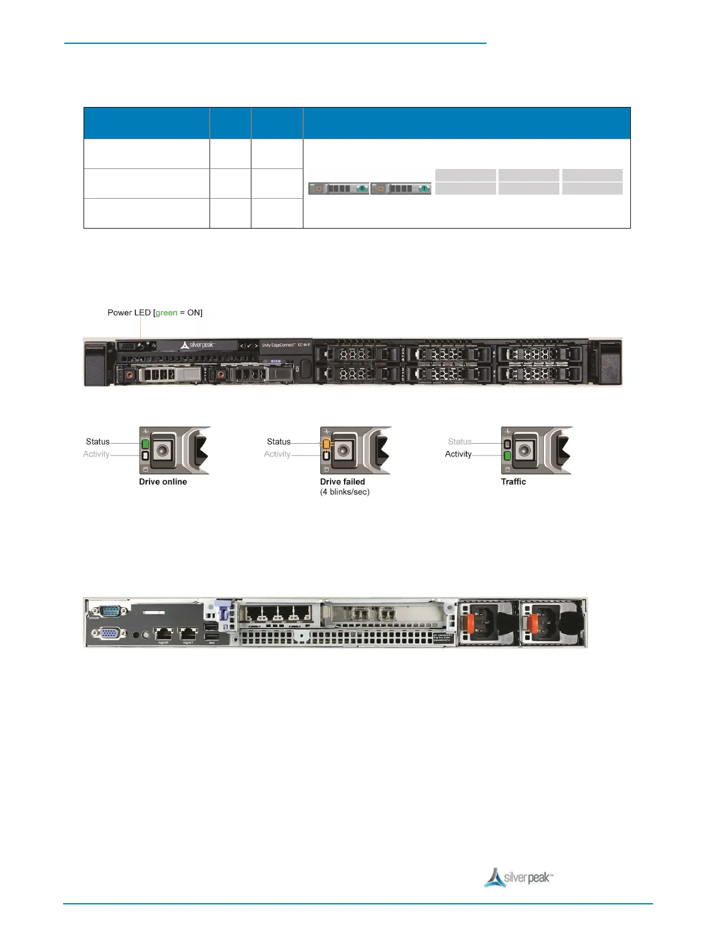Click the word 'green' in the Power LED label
[166, 313]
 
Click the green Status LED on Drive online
[145, 444]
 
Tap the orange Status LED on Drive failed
[327, 444]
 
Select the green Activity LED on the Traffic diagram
[507, 455]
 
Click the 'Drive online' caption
[163, 482]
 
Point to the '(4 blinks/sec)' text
[345, 492]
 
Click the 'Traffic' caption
[513, 482]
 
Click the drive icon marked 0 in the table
[339, 188]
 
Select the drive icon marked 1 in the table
[401, 188]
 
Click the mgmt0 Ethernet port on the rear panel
[163, 633]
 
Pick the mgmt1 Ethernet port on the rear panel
[188, 633]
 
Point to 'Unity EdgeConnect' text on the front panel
[278, 345]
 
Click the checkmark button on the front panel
[249, 345]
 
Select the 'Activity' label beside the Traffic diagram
[458, 454]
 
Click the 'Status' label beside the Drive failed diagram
[279, 442]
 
